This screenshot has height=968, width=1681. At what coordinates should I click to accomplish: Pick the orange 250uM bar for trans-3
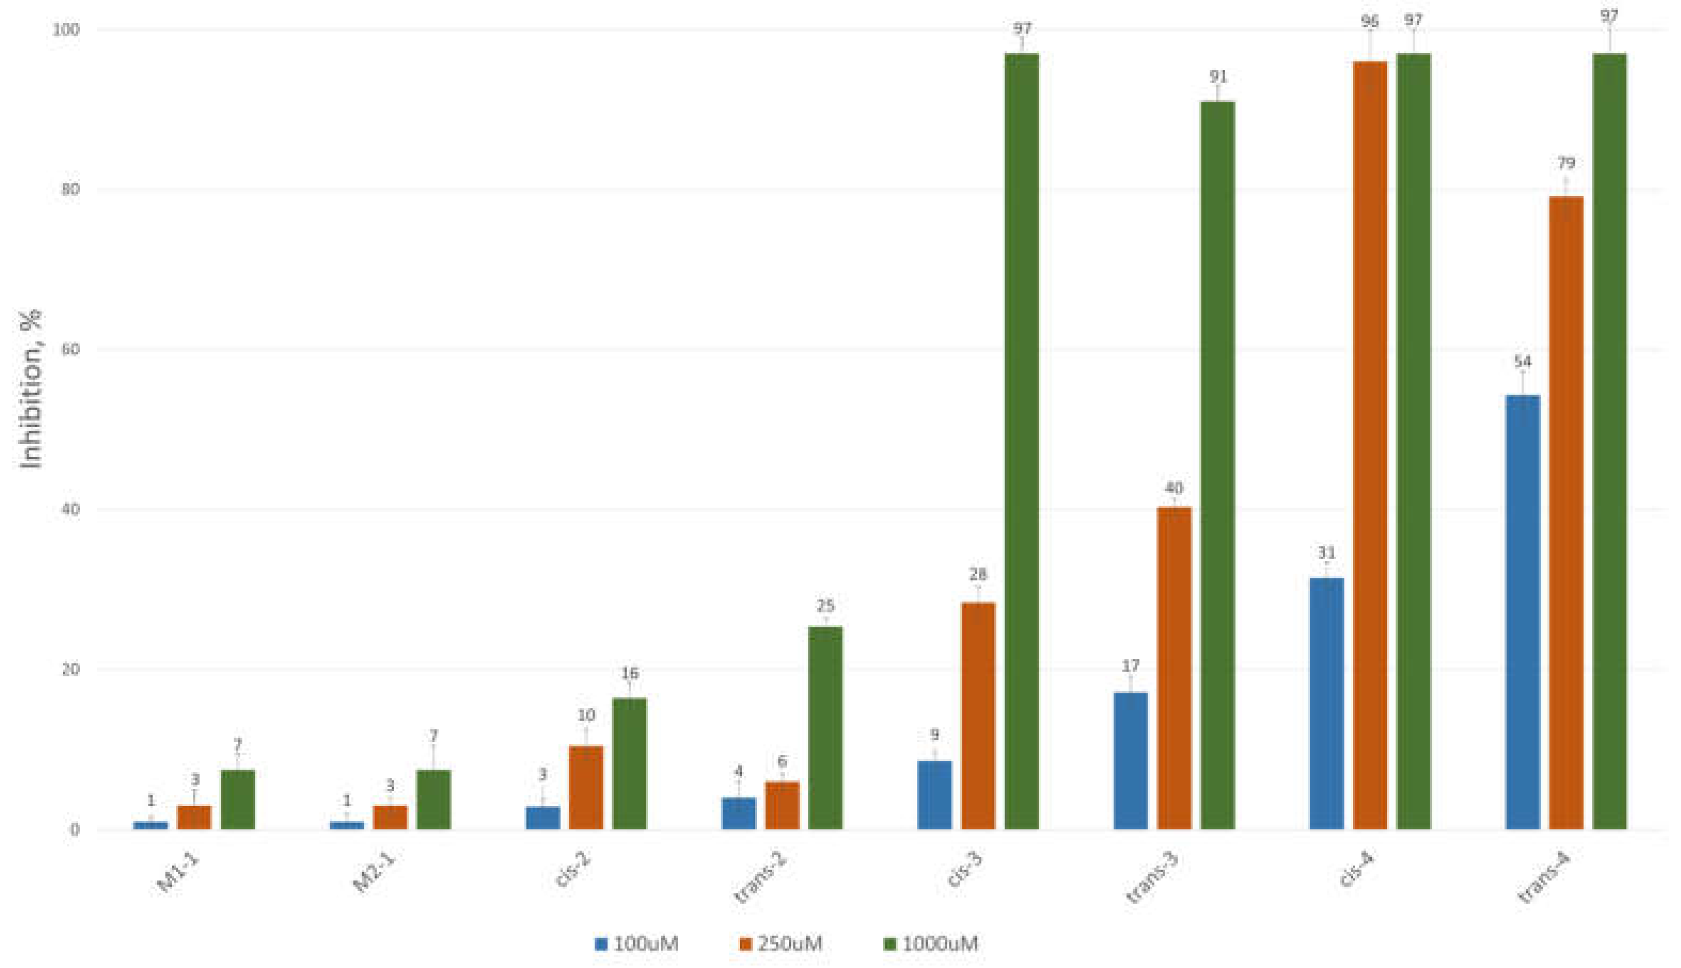1174,668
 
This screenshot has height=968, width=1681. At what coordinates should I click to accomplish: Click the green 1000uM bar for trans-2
825,728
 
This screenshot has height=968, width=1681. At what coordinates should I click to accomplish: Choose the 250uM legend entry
782,943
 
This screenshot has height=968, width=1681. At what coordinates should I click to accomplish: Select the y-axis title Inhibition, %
31,389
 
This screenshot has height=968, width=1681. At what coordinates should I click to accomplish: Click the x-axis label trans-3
1148,880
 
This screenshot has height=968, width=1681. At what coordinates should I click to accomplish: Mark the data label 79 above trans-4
1566,163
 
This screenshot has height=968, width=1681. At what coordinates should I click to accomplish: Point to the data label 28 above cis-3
978,574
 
